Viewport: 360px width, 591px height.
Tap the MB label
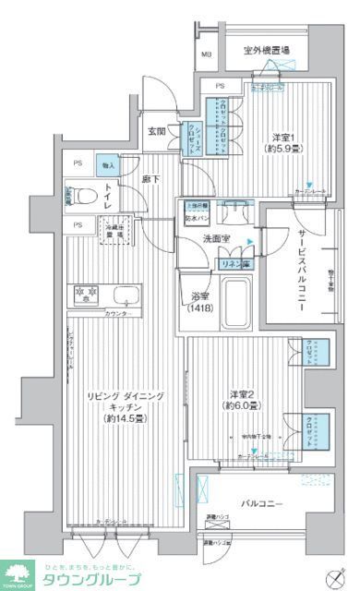coord(206,53)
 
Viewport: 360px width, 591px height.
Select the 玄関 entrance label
coord(155,131)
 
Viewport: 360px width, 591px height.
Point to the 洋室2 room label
coord(241,398)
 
